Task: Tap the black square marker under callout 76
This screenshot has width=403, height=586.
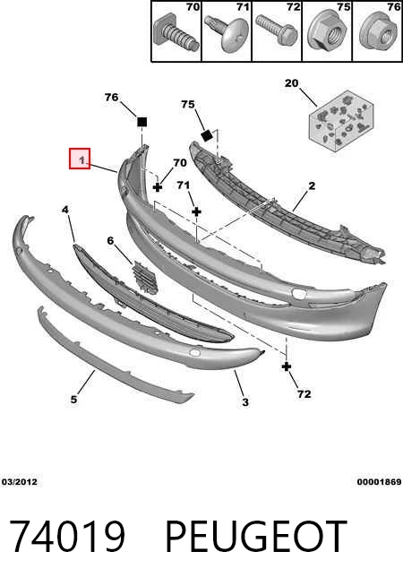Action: coord(141,122)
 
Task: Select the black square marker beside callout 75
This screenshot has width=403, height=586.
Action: coord(207,135)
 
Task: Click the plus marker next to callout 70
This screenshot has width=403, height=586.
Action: coord(158,187)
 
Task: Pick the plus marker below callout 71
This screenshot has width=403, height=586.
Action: coord(196,211)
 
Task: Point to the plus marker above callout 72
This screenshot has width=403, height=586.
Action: coord(287,366)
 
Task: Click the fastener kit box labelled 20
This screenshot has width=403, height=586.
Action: coord(341,120)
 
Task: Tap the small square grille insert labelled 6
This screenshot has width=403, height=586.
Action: coord(145,277)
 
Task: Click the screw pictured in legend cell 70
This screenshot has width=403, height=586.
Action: coord(176,33)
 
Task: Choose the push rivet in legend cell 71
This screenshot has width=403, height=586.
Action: coord(226,34)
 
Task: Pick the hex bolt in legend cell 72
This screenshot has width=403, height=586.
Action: coord(277,29)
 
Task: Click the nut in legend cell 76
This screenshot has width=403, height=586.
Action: coord(377,34)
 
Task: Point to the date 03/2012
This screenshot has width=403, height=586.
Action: coord(20,482)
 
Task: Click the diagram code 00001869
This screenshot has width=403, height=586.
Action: coord(379,482)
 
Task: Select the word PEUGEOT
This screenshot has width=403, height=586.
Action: coord(256,536)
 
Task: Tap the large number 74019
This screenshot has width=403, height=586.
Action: coord(67,536)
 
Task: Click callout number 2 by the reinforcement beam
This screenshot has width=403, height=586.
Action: coord(312,185)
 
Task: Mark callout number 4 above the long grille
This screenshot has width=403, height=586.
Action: coord(65,210)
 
